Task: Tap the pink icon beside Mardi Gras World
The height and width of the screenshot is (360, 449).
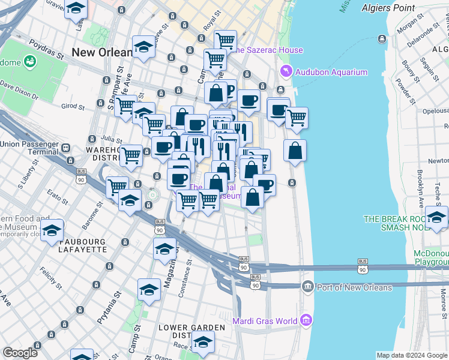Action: click(x=307, y=320)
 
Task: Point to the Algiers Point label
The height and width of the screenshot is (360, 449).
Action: click(x=388, y=8)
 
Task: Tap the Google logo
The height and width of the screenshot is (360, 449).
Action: click(x=20, y=353)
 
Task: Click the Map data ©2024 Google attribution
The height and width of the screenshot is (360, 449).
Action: click(x=412, y=355)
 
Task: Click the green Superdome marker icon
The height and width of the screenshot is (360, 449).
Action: click(x=29, y=62)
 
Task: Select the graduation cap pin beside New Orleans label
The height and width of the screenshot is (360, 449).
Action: click(x=143, y=48)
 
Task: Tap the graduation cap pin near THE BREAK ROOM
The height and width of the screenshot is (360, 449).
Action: click(x=436, y=217)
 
